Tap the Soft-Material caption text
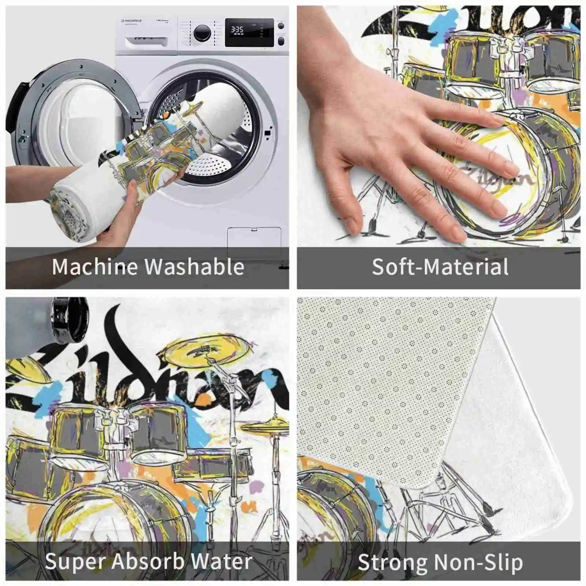440,267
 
